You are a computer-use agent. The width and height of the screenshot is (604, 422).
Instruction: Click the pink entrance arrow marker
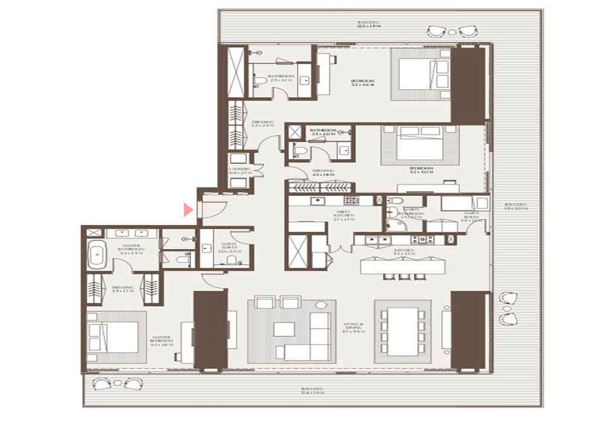[188, 209]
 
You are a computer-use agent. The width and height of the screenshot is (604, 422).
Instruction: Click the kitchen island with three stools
[399, 266]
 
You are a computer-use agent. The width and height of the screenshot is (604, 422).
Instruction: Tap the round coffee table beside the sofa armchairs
[321, 306]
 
